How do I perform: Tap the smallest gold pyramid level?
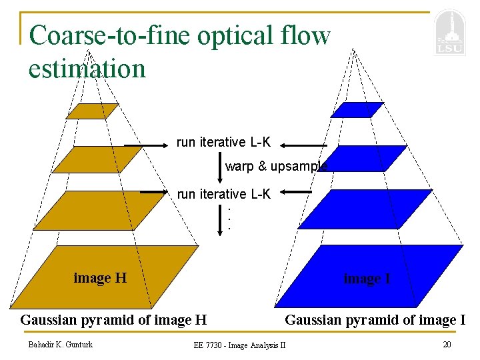click(92, 111)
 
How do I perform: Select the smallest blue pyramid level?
click(357, 110)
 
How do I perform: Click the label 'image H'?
click(100, 278)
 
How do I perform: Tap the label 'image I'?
click(367, 279)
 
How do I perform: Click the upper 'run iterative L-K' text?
click(223, 142)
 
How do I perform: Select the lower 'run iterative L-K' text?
click(223, 194)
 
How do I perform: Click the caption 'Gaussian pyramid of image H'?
click(113, 320)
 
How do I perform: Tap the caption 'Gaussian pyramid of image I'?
click(375, 320)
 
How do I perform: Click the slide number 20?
click(447, 344)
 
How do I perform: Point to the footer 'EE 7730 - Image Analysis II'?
click(239, 345)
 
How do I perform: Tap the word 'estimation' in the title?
click(87, 67)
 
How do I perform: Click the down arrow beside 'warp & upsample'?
click(220, 166)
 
